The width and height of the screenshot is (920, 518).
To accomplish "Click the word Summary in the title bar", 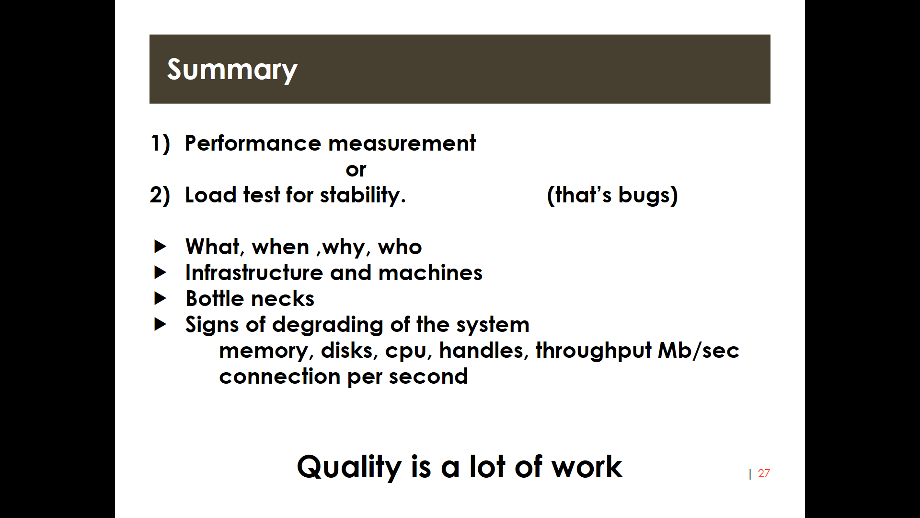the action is click(x=232, y=70).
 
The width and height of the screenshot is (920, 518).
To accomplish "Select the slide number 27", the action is click(x=764, y=473).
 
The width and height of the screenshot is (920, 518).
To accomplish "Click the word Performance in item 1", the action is click(x=253, y=143).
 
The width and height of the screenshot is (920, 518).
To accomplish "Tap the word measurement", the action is click(x=402, y=143).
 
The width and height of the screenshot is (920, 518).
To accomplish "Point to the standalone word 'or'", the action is click(x=356, y=170).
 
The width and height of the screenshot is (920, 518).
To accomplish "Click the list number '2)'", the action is click(x=160, y=195).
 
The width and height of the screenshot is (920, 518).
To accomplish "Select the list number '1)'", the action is click(x=161, y=143).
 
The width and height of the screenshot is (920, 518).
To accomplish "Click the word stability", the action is click(x=363, y=195).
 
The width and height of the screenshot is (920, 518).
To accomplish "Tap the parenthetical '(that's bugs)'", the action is click(x=612, y=195).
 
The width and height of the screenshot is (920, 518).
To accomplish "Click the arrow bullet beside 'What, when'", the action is click(x=161, y=247).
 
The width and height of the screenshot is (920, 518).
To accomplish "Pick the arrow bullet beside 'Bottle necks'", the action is click(x=161, y=298).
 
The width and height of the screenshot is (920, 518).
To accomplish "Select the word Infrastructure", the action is click(x=254, y=272).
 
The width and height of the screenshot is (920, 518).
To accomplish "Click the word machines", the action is click(x=430, y=272).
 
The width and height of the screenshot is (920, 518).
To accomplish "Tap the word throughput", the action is click(x=593, y=351).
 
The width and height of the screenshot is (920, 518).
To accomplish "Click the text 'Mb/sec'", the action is click(x=699, y=350).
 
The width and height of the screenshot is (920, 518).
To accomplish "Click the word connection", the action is click(x=280, y=376).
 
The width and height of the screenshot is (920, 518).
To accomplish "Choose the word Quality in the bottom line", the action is click(x=349, y=467).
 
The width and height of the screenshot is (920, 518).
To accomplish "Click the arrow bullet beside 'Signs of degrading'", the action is click(x=161, y=324).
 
